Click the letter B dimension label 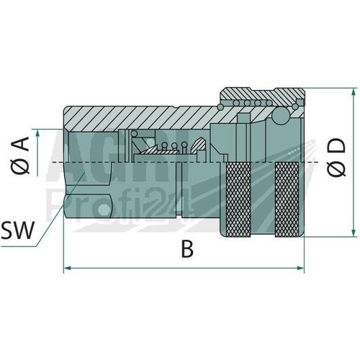(187, 249)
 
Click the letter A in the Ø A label (22, 143)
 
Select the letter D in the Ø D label (336, 146)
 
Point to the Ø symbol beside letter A (22, 166)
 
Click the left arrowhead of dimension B (67, 268)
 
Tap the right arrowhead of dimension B (300, 268)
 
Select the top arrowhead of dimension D (354, 92)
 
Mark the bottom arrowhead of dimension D (354, 233)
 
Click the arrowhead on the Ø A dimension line (37, 133)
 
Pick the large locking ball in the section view (279, 116)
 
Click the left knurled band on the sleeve (238, 199)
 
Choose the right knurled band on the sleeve (287, 199)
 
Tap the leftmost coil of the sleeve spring (236, 103)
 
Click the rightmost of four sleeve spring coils (269, 103)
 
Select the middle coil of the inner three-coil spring (174, 145)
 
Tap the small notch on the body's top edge (176, 107)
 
